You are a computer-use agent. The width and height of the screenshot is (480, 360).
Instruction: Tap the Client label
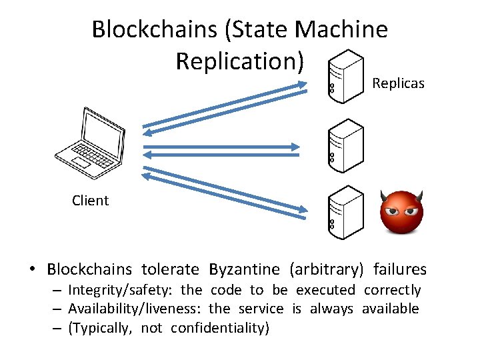click(90, 201)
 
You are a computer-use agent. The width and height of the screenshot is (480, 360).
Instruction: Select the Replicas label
click(398, 83)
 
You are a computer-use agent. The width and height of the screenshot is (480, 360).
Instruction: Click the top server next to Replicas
click(346, 76)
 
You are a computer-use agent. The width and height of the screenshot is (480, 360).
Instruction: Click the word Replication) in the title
click(240, 61)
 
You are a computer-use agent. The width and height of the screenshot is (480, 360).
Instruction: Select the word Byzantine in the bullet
click(244, 270)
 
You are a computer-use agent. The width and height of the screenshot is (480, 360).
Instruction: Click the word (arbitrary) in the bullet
click(327, 270)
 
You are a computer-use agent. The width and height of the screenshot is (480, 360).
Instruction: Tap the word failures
click(399, 270)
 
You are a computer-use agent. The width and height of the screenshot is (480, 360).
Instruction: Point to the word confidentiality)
click(220, 328)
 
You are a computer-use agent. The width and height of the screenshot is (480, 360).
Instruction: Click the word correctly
click(393, 291)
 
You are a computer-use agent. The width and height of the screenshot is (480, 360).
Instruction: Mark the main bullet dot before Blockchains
click(32, 270)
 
